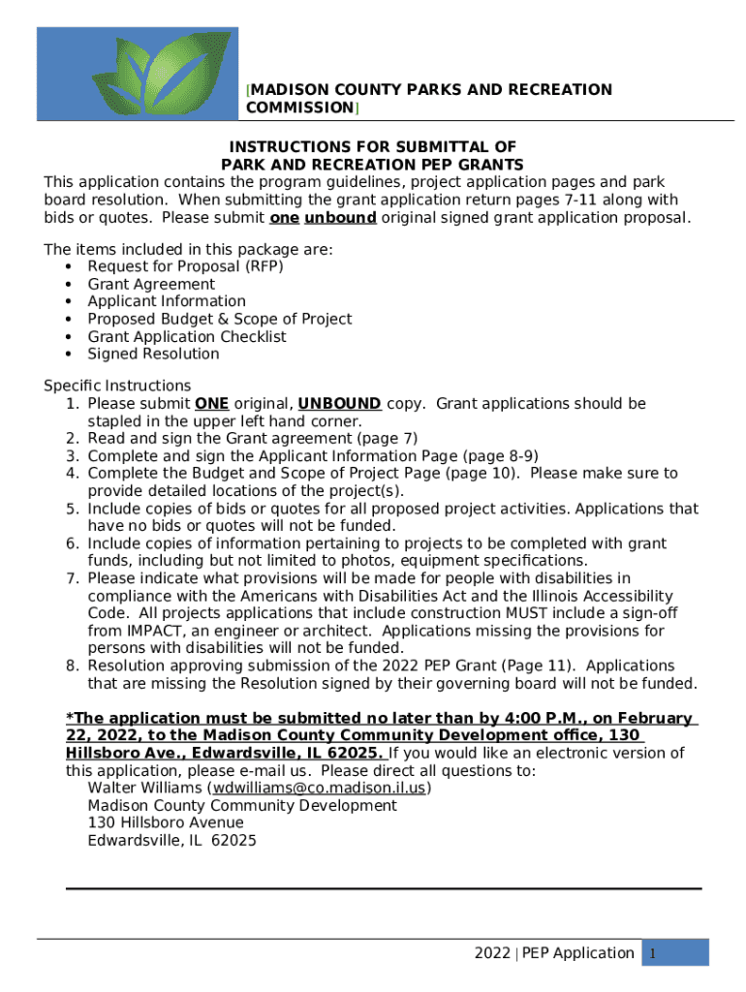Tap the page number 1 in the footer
pos(654,954)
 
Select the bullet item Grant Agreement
pos(151,284)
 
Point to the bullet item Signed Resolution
pos(153,354)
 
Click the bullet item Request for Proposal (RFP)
pos(185,266)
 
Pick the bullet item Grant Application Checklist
pos(187,336)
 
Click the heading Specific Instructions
pos(117,385)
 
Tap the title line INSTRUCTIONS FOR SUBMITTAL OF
pos(372,146)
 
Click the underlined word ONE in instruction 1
pos(211,403)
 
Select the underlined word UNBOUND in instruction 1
pos(339,403)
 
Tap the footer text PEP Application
pos(578,953)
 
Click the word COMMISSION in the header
pos(299,108)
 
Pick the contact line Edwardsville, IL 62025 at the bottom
pos(171,840)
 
